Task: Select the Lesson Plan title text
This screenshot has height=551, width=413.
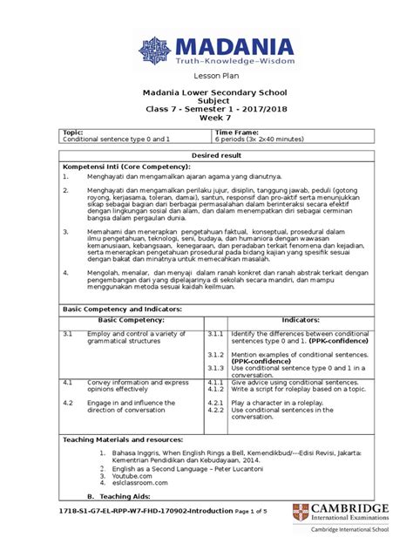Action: coord(206,77)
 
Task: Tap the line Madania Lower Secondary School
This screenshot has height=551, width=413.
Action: coord(206,92)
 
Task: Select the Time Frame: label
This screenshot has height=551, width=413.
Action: coord(234,131)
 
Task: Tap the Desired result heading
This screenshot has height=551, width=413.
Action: coord(206,153)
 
